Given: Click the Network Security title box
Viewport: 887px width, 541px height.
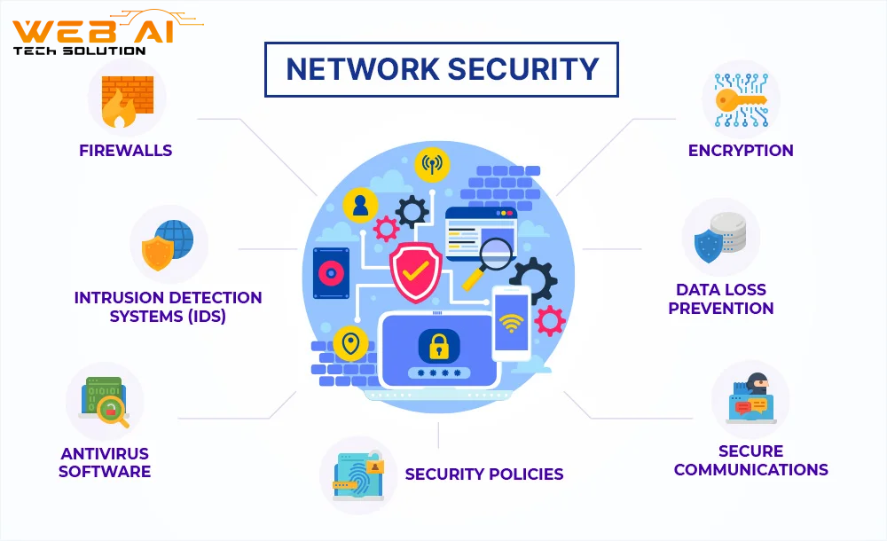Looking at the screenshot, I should (x=442, y=69).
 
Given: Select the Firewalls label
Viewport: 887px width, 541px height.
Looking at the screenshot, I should (x=126, y=150).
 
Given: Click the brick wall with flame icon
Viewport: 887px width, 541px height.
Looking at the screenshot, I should (x=127, y=99).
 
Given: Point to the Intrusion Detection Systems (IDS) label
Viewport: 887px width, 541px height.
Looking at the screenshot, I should (x=168, y=307).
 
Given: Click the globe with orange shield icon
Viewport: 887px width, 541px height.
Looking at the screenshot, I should (x=169, y=245).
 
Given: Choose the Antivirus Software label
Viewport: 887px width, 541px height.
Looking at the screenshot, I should (x=105, y=462).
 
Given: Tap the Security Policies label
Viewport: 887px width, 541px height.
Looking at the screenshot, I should (x=484, y=474).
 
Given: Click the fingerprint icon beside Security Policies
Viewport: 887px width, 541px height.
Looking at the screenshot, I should (x=358, y=475).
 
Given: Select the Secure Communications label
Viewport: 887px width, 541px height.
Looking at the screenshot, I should (x=750, y=460).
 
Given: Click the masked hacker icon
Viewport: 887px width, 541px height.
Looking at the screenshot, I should (x=750, y=396).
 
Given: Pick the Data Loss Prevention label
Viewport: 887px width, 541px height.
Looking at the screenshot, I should (x=720, y=299).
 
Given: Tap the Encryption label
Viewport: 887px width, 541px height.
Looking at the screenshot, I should (x=741, y=150).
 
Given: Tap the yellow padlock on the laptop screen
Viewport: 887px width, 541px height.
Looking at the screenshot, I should (x=438, y=345).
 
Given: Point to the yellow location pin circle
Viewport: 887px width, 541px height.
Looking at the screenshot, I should (x=351, y=343).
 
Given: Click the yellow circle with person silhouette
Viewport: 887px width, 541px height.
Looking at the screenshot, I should (x=360, y=206).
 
